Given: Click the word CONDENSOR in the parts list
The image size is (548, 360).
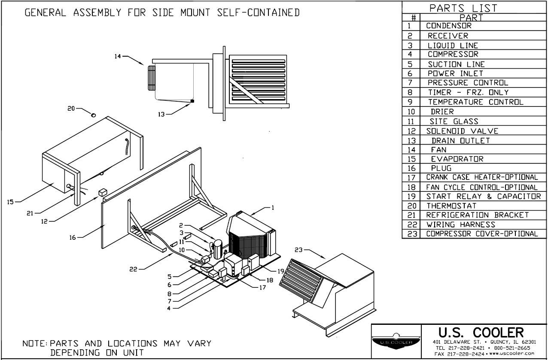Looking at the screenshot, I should pos(449,26).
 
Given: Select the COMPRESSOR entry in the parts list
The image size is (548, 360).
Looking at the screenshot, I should pos(453,54).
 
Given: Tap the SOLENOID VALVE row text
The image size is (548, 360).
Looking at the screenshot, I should pos(462,131).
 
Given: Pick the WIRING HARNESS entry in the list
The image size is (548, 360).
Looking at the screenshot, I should pos(460,224).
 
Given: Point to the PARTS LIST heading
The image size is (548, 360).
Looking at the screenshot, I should pos(463,8).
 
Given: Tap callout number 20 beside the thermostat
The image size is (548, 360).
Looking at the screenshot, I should pos(71,109).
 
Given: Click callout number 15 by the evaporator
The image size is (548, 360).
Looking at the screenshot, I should pos(10,202).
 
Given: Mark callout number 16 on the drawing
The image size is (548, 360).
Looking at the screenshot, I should pos(74,236).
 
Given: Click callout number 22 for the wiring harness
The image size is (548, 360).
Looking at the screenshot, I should pos(134,269).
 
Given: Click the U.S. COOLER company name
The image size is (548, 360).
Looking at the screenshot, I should pos(481,333).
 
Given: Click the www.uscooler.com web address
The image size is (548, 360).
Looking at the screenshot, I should pos(512,354).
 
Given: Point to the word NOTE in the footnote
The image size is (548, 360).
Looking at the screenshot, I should pos(35,344).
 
